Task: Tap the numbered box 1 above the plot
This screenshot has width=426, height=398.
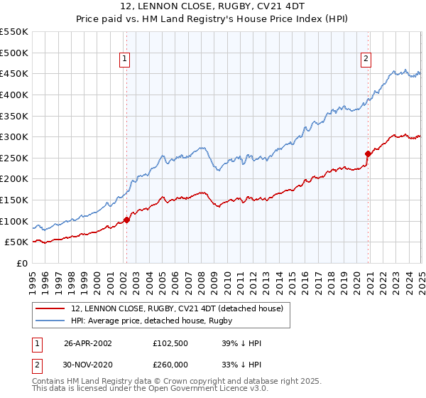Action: pos(124,60)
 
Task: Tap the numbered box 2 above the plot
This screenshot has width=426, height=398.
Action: pos(366,60)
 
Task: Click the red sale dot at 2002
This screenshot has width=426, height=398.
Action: pos(127,220)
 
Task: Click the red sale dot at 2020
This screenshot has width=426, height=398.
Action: pos(368,154)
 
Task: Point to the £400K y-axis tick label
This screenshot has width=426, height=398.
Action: pos(14,95)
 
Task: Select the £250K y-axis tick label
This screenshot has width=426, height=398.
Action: pos(14,158)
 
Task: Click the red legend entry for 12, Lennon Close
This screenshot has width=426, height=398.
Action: pos(177,308)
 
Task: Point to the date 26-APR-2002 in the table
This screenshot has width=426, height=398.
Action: pos(88,343)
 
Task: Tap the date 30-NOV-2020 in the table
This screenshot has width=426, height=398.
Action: pos(88,365)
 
